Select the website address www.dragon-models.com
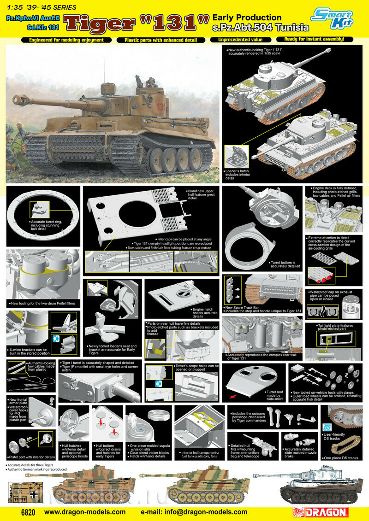85,512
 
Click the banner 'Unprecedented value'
236,40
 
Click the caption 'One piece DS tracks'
340,458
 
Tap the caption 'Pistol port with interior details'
31,457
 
